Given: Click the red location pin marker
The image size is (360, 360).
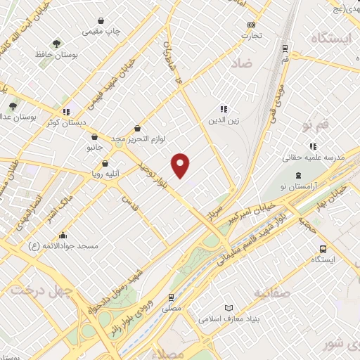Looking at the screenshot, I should [x=181, y=165].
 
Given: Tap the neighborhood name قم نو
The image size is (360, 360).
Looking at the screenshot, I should [x=316, y=125].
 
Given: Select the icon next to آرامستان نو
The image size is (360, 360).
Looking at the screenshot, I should [x=298, y=175].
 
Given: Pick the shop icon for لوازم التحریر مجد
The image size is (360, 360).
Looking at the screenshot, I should [x=136, y=129].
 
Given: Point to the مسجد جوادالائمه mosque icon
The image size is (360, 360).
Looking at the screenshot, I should [x=63, y=236].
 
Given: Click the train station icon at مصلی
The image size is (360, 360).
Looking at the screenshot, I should [x=172, y=297].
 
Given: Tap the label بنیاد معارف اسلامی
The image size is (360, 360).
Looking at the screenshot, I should [x=264, y=319].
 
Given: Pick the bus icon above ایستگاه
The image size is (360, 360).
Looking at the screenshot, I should [x=323, y=249].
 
